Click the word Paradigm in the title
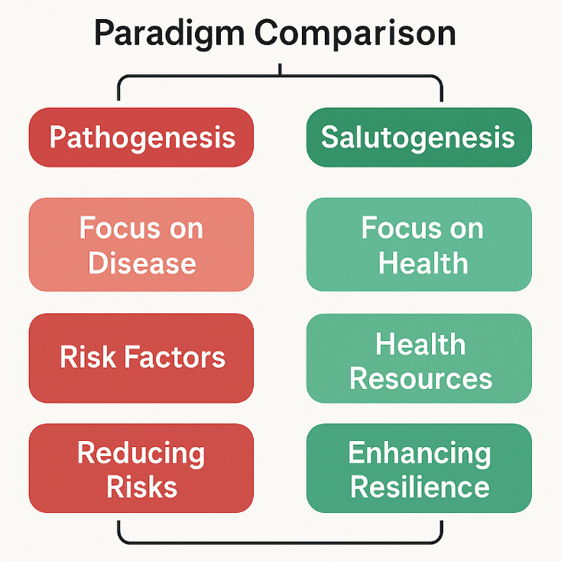click(169, 34)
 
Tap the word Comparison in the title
click(356, 34)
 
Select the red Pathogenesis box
click(141, 138)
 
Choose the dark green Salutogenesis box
click(419, 138)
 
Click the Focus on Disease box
click(141, 245)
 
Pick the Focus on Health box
click(419, 245)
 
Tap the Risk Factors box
click(141, 358)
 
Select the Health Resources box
click(419, 358)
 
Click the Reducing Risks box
click(141, 468)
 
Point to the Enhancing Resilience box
click(419, 468)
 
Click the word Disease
click(142, 263)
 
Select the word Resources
click(420, 378)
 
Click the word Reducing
click(141, 453)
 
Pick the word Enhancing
click(419, 453)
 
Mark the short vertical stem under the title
click(280, 70)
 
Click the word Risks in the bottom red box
click(142, 486)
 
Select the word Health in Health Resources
click(420, 344)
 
